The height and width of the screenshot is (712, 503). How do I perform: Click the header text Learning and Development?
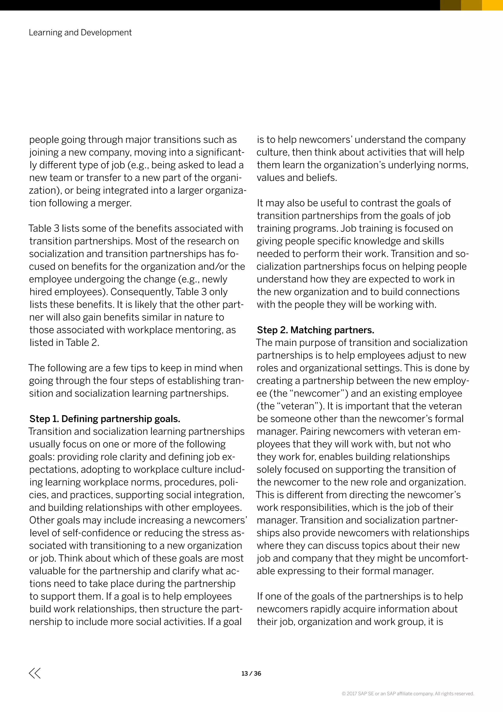80,32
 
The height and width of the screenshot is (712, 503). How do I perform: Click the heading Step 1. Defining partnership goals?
105,419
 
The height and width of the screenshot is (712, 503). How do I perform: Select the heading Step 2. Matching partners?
315,330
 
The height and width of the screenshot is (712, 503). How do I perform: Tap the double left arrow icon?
35,673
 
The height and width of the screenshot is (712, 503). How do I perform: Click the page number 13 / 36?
251,673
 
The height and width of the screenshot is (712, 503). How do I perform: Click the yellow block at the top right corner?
492,5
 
